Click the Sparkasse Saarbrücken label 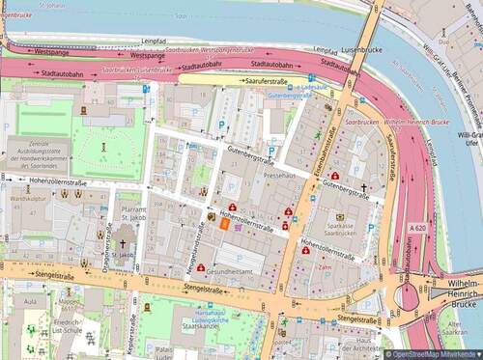[340, 229]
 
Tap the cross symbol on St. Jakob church [122, 246]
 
